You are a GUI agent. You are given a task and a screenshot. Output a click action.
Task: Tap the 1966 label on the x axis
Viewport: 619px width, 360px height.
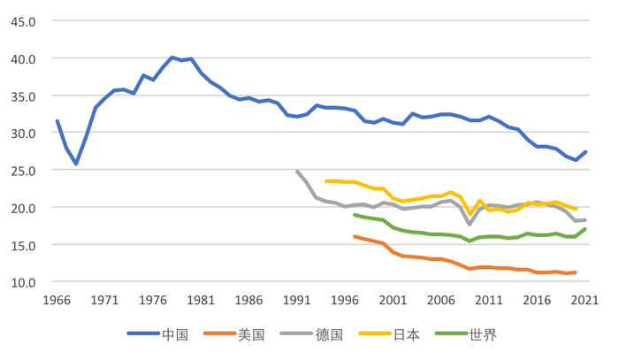[57, 301]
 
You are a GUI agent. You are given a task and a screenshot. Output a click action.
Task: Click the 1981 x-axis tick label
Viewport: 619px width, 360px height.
[202, 301]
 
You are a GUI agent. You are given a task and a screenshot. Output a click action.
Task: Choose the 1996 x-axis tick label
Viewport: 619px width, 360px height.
[346, 301]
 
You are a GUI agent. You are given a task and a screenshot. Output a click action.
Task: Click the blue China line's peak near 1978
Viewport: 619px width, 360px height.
[172, 57]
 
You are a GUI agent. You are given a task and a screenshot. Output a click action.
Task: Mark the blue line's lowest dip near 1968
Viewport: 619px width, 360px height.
[76, 164]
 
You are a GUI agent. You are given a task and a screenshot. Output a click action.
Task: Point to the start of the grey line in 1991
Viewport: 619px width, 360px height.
[297, 172]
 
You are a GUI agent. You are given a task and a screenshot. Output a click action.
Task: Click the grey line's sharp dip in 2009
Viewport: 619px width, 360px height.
[470, 225]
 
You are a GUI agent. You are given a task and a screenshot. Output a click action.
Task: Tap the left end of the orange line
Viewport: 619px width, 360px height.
[355, 236]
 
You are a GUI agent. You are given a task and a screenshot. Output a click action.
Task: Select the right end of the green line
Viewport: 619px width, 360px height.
[585, 229]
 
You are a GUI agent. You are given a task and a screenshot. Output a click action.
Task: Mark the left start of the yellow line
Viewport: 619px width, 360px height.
[326, 181]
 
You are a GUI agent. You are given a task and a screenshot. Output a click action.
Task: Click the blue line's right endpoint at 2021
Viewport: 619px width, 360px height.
[585, 152]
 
